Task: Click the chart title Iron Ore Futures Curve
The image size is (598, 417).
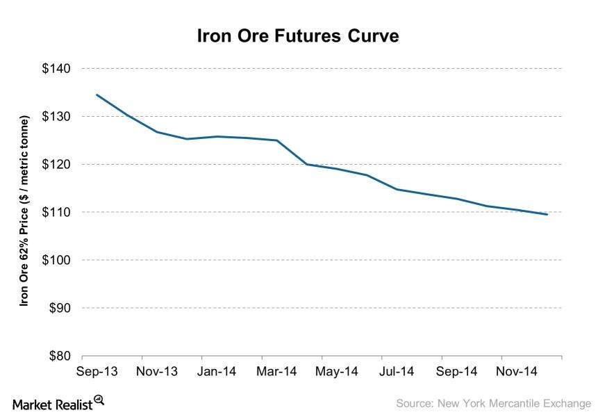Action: click(x=298, y=36)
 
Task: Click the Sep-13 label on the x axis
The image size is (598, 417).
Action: click(x=97, y=372)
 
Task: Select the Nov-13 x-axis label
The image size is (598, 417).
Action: click(x=156, y=372)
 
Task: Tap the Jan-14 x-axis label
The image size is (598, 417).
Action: click(x=217, y=372)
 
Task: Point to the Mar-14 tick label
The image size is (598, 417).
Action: click(x=276, y=372)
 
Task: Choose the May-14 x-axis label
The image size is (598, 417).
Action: click(x=337, y=372)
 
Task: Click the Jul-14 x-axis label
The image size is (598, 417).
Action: click(x=397, y=372)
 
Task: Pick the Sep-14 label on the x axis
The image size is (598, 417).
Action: click(x=457, y=372)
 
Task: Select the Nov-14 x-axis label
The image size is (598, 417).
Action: click(x=517, y=372)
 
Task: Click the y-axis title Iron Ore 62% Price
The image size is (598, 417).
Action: click(x=25, y=212)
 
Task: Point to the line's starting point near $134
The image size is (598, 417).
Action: click(x=97, y=95)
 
